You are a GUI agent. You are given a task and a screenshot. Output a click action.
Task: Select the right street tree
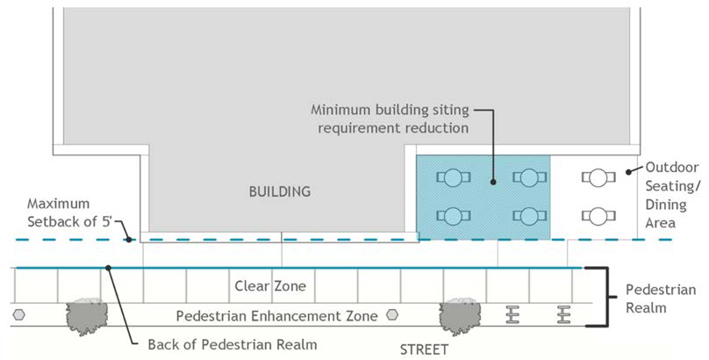[463, 313]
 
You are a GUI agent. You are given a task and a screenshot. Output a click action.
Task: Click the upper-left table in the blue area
[452, 177]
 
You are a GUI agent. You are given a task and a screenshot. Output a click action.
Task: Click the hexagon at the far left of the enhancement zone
[18, 313]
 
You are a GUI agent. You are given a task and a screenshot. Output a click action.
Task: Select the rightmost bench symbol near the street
[562, 313]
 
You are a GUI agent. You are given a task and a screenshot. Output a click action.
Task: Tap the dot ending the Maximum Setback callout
[129, 238]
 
